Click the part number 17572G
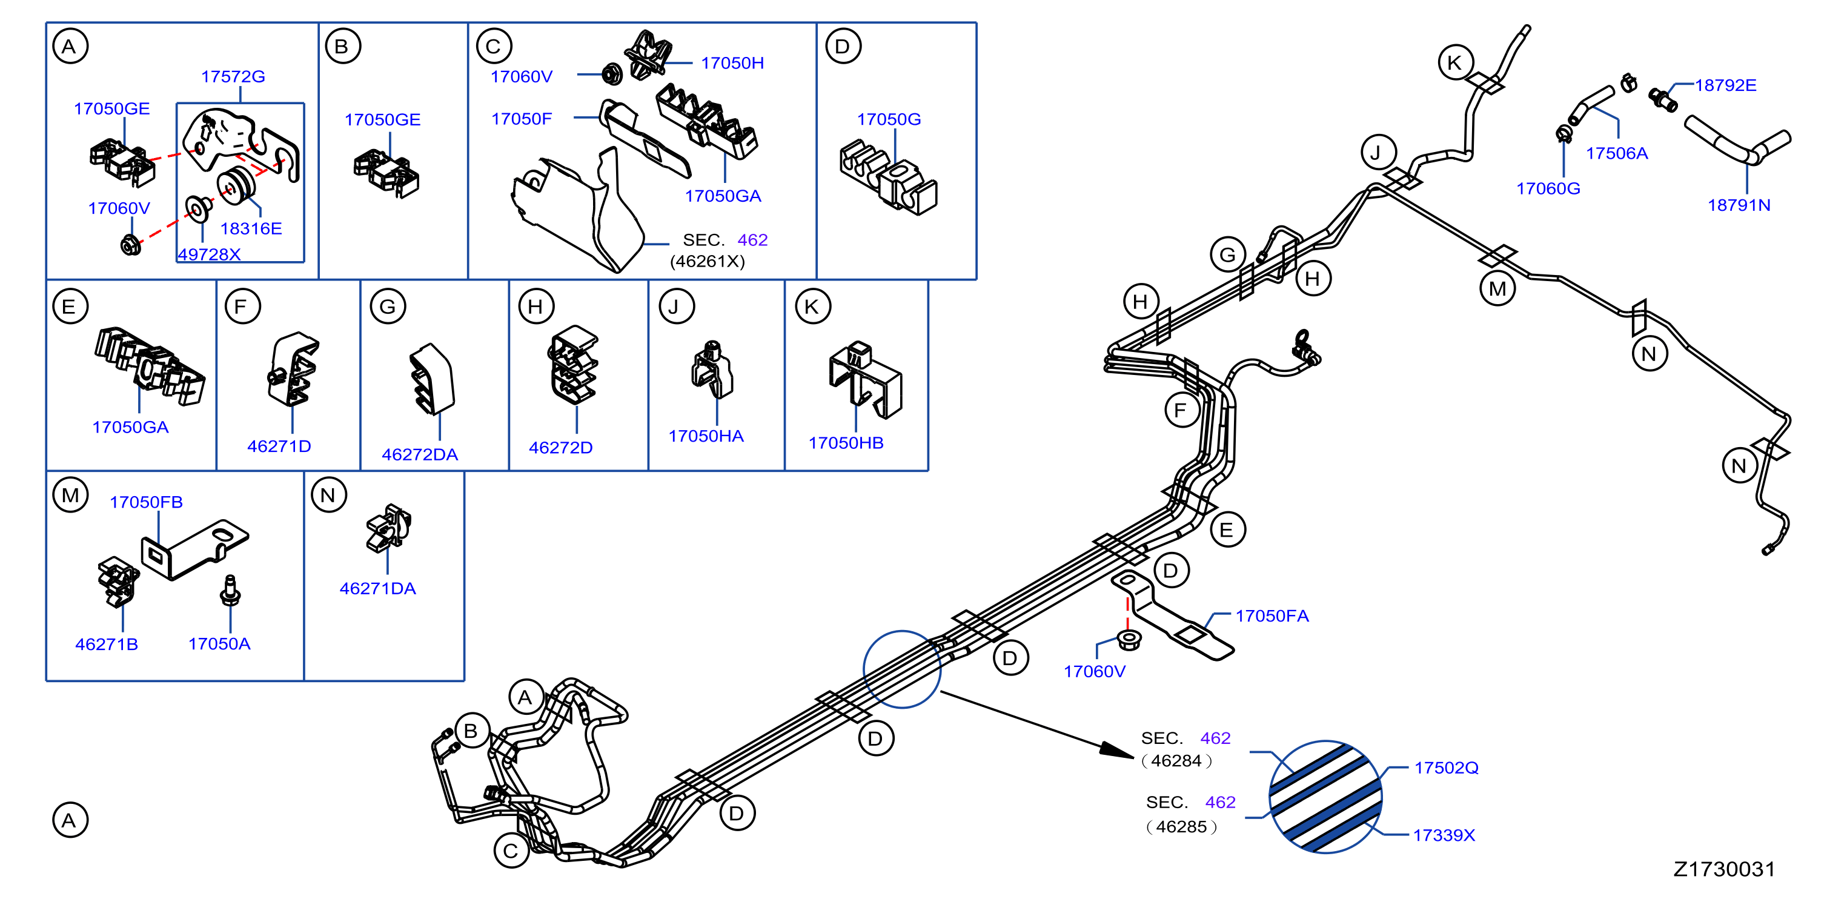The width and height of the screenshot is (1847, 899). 233,76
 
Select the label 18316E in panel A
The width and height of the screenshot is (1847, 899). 251,229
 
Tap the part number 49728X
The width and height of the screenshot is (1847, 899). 210,254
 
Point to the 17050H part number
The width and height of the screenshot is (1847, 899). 732,63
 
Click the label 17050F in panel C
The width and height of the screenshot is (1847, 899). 521,119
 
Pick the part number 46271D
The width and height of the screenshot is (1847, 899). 279,446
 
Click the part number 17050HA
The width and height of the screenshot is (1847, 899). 706,436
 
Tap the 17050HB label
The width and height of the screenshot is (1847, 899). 846,443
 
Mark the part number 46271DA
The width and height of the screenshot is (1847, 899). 378,589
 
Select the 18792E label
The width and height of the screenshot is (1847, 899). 1725,85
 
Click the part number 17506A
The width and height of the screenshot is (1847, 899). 1617,153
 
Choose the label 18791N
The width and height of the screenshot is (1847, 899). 1739,205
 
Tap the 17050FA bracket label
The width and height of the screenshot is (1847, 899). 1272,616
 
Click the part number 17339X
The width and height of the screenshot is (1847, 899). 1444,835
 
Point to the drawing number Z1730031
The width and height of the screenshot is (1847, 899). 1725,869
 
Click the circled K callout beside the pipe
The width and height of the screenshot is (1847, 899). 1456,62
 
